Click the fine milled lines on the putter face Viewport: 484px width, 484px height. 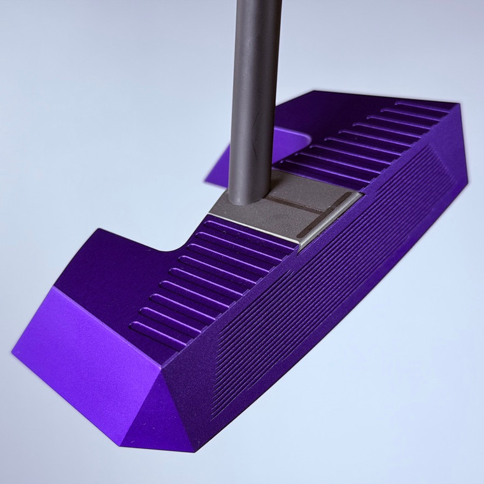(x=318, y=287)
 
